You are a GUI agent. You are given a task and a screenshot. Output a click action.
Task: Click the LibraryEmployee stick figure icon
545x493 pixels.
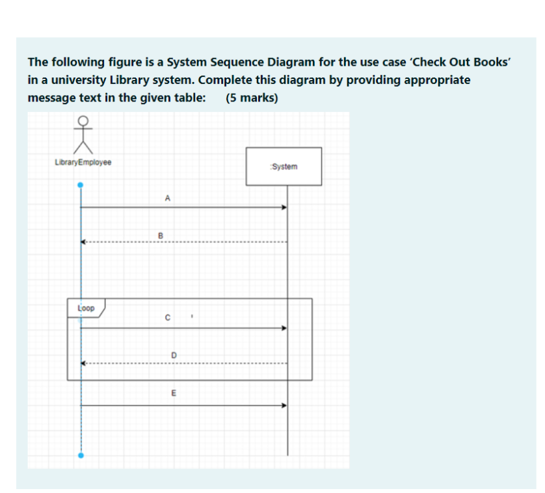coord(82,134)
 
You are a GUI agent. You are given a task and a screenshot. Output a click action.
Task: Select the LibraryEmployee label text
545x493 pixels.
coord(83,162)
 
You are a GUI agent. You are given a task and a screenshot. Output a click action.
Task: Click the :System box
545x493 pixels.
coord(284,166)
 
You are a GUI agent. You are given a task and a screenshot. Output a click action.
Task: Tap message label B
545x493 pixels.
coord(160,234)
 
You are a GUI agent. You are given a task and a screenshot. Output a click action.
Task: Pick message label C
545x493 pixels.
coord(167,318)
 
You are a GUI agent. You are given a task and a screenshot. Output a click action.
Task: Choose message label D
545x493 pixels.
coord(173,355)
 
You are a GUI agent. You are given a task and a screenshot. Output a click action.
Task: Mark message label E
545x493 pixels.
coord(173,393)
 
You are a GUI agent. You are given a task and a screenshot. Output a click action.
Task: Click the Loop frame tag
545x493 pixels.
coord(86,308)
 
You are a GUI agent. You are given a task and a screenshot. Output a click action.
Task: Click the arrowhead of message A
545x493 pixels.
coord(284,208)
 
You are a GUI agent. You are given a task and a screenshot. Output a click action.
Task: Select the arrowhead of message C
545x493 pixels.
coord(284,328)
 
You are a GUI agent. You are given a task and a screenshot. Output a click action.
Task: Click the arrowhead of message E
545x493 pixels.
coord(284,405)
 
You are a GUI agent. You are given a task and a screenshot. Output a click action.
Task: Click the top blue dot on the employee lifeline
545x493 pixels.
coord(81,185)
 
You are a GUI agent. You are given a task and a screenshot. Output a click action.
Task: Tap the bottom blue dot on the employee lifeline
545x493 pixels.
coord(81,456)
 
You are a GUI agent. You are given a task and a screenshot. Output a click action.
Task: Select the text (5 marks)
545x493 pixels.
coord(252,98)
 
